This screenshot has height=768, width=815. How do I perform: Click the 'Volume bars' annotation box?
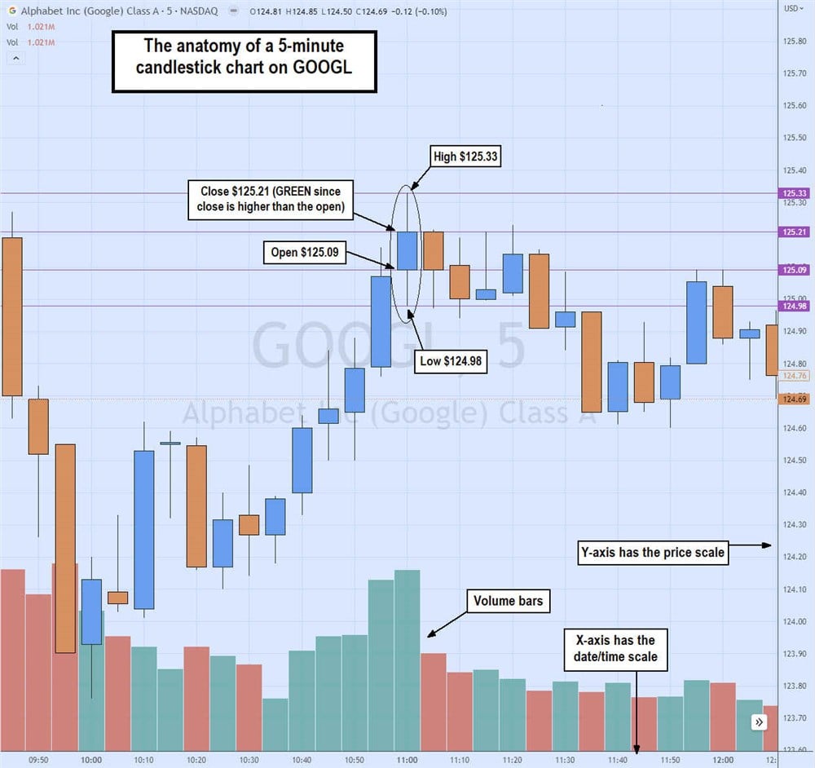pyautogui.click(x=508, y=602)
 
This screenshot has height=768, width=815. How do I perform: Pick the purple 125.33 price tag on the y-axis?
pyautogui.click(x=793, y=193)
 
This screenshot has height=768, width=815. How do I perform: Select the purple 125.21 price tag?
pyautogui.click(x=793, y=232)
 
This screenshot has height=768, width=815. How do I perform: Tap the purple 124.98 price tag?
pyautogui.click(x=793, y=306)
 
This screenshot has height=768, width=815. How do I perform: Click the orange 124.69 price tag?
pyautogui.click(x=793, y=399)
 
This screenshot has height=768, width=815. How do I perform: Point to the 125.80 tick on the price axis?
pyautogui.click(x=793, y=42)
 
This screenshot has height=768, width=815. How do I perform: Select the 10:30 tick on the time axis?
pyautogui.click(x=249, y=760)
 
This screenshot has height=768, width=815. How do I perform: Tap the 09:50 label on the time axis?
pyautogui.click(x=38, y=760)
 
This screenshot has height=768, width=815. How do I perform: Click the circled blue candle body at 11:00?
pyautogui.click(x=406, y=250)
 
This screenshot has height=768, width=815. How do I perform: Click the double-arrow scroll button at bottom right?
pyautogui.click(x=759, y=722)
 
